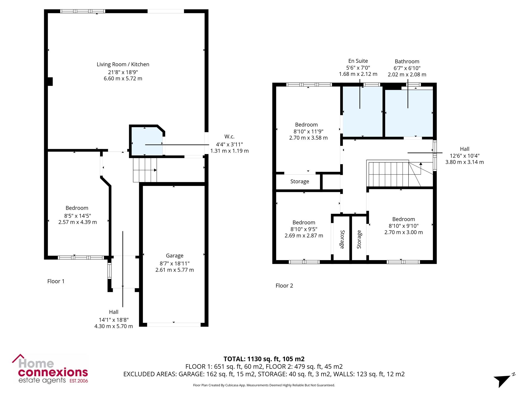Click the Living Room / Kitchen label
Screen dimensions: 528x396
tap(123, 64)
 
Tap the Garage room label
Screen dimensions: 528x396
tap(175, 256)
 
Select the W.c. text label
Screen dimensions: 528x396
tap(229, 137)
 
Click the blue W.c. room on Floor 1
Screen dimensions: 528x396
tap(147, 141)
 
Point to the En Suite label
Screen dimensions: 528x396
tap(358, 61)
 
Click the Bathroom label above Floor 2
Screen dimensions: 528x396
tap(407, 62)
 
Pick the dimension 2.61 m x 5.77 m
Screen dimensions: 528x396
tap(175, 270)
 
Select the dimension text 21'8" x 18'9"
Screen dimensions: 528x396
tap(123, 72)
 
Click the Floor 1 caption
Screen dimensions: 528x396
tap(56, 281)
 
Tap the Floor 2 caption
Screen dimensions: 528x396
tap(284, 286)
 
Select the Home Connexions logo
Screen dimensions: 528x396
tap(50, 369)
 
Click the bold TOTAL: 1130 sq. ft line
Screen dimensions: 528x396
tap(264, 359)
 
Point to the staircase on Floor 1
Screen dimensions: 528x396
tap(145, 170)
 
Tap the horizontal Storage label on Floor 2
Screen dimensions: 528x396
tap(300, 182)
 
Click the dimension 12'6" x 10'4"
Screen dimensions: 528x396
tap(465, 156)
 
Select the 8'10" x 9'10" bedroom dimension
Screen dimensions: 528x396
tap(404, 226)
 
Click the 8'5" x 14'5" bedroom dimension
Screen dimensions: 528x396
tap(78, 216)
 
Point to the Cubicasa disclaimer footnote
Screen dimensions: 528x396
tap(264, 385)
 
